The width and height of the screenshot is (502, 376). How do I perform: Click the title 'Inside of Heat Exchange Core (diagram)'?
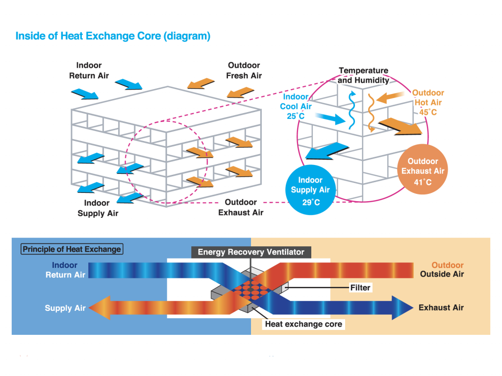[113, 36]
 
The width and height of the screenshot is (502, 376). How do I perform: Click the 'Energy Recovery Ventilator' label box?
[251, 252]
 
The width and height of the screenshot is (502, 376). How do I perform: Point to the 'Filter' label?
[360, 288]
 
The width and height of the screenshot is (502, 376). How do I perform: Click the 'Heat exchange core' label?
[303, 324]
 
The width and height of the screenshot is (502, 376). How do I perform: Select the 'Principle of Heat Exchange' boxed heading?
[72, 249]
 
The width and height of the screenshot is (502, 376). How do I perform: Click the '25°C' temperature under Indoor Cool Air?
[296, 117]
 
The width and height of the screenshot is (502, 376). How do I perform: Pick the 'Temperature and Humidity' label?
[363, 75]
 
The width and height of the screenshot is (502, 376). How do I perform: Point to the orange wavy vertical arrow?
[371, 113]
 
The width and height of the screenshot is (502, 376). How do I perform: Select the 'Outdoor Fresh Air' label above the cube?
[244, 70]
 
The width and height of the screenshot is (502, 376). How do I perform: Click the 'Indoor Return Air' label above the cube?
[89, 70]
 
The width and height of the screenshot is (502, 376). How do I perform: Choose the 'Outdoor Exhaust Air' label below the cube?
[241, 208]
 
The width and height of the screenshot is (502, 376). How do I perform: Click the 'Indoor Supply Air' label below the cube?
[98, 208]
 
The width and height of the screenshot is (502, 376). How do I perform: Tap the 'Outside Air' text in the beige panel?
[442, 274]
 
